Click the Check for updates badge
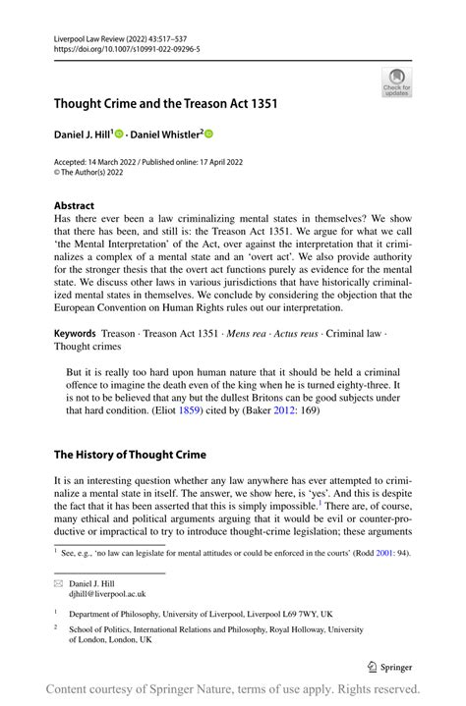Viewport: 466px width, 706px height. click(396, 81)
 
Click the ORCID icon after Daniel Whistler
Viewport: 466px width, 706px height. click(208, 134)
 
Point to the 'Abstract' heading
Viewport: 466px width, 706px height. click(76, 206)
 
